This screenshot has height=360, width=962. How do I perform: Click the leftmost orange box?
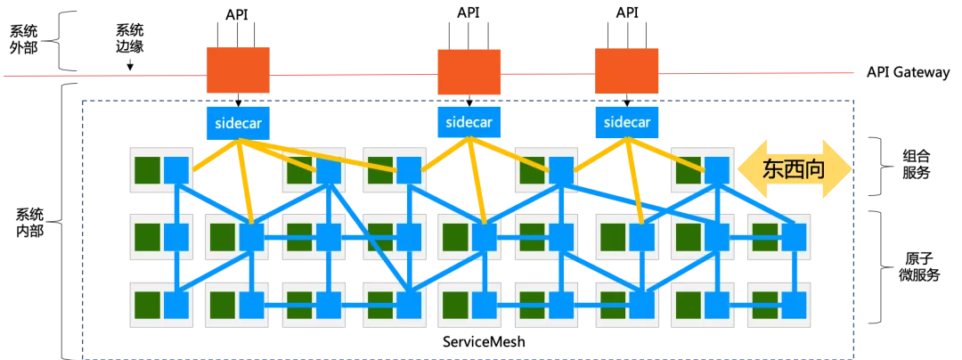[x=238, y=70]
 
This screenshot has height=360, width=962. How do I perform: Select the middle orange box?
[x=469, y=72]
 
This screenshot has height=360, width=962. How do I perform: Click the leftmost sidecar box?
[x=238, y=123]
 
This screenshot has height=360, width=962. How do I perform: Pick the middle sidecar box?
[x=469, y=122]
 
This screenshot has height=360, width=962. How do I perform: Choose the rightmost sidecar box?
[x=626, y=122]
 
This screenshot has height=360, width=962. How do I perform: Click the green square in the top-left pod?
[x=147, y=169]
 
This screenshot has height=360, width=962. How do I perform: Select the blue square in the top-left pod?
[x=176, y=169]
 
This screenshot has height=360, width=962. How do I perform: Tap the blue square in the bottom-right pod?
[x=793, y=306]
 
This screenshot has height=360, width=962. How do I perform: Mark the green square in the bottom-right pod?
[x=762, y=306]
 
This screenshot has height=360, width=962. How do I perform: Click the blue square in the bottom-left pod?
[x=176, y=306]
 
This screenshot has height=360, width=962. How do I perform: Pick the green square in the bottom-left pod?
[x=147, y=306]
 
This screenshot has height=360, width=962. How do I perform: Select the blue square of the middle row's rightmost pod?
[x=793, y=237]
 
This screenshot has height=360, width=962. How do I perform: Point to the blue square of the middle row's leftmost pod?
[x=176, y=237]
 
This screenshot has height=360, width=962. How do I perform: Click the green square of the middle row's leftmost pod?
[x=147, y=237]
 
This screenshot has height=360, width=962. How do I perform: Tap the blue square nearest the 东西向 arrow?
[x=716, y=169]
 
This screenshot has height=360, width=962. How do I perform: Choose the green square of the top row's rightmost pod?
[x=687, y=169]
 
